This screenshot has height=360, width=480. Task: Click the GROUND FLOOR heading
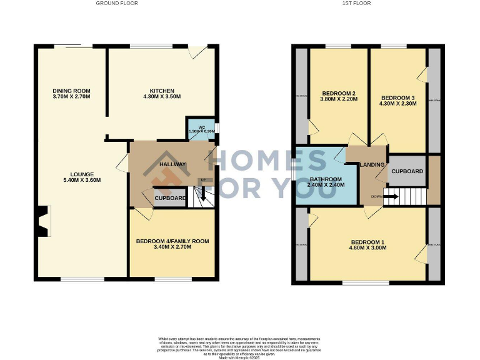117,3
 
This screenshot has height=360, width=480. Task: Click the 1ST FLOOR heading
357,3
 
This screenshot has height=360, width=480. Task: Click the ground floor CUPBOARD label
170,198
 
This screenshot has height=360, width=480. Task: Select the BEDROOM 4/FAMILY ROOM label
172,241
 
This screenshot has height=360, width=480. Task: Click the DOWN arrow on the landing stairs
391,196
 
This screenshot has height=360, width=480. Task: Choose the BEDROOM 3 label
397,98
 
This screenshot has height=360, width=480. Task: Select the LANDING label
372,164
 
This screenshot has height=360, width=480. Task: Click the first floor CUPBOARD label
407,171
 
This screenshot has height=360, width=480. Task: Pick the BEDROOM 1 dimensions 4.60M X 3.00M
369,248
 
